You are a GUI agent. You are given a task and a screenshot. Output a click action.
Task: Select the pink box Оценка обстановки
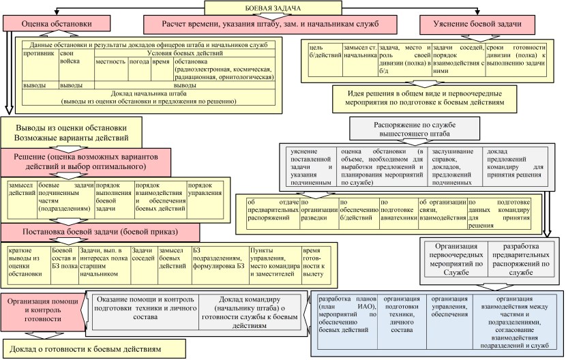click(47, 23)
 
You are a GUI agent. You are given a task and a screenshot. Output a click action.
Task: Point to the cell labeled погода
click(139, 61)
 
